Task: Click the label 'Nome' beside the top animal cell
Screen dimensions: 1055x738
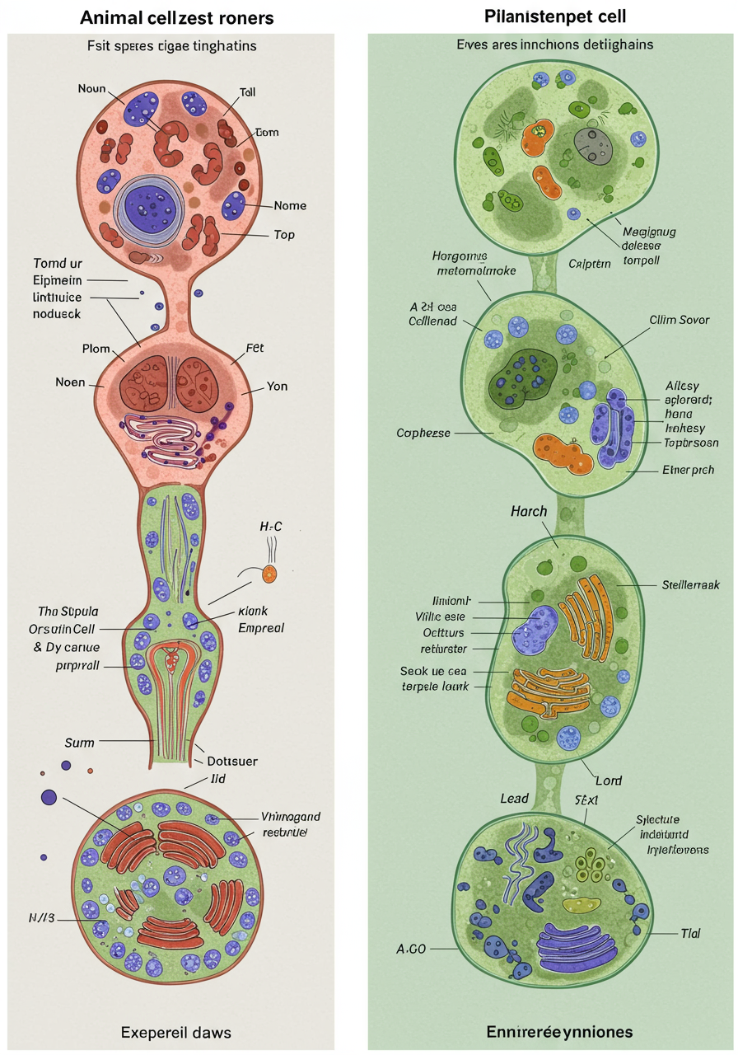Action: click(x=290, y=205)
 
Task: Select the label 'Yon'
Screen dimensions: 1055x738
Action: click(x=277, y=386)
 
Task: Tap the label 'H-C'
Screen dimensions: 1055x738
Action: click(x=271, y=526)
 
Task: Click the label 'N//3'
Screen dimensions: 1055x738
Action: click(x=42, y=917)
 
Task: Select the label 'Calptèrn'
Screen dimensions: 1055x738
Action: click(x=590, y=264)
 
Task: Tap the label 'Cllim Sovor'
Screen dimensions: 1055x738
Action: click(x=679, y=320)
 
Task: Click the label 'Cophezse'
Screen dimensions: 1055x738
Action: click(x=423, y=432)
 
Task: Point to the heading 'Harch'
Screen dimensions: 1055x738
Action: click(x=529, y=511)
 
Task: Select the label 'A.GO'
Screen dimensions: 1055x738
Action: click(x=411, y=949)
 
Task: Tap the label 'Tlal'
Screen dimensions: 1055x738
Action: click(x=690, y=933)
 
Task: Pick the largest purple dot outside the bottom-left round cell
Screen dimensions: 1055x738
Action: click(x=49, y=797)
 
